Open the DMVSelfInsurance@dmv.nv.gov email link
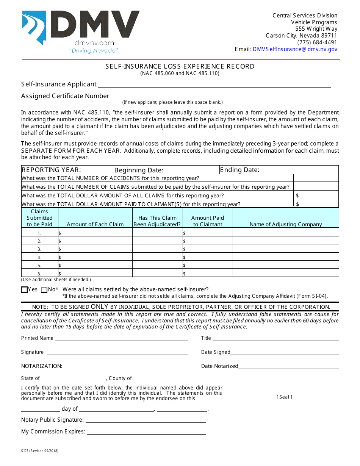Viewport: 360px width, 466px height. [295, 49]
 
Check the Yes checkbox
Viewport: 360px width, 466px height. [25, 290]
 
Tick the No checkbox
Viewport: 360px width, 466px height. [44, 290]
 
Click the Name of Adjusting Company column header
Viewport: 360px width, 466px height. [286, 224]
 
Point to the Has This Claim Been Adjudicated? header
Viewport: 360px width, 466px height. [157, 221]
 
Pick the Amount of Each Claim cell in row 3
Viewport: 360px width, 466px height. [95, 249]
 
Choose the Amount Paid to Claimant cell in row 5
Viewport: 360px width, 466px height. [208, 265]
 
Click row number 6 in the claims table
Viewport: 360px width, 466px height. [39, 274]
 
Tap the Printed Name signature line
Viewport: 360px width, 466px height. [121, 338]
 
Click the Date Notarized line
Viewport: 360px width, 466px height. [288, 366]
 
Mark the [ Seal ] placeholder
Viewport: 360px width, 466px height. [284, 397]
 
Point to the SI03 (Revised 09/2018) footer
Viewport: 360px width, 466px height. [40, 451]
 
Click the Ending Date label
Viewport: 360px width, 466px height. [239, 170]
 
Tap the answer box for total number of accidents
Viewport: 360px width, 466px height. [316, 178]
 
